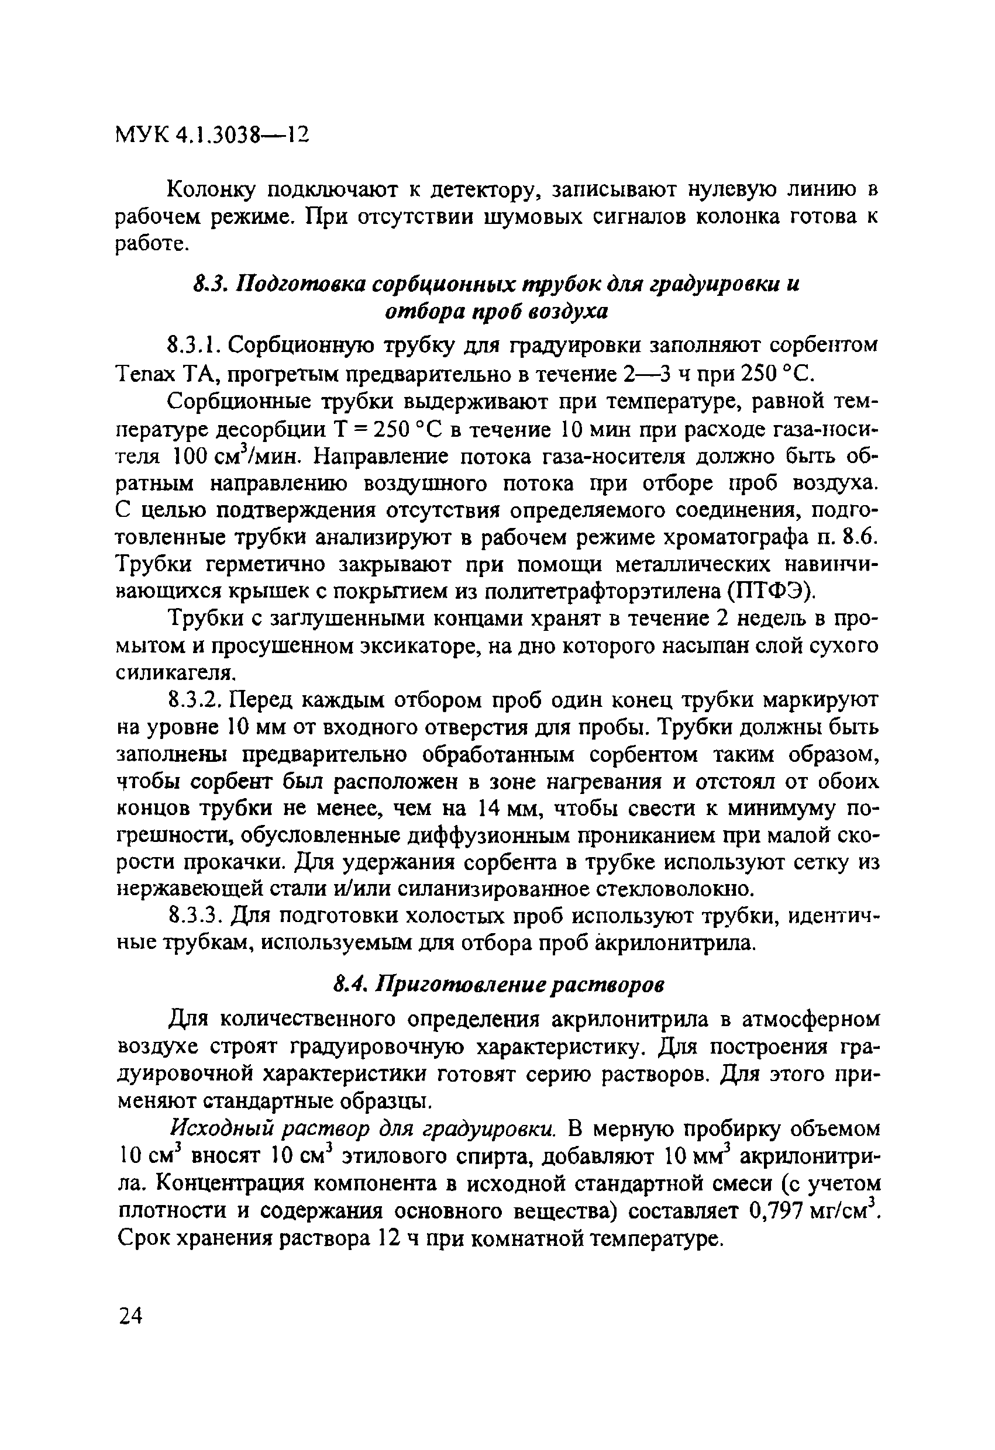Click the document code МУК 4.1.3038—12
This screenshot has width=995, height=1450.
tap(212, 134)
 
